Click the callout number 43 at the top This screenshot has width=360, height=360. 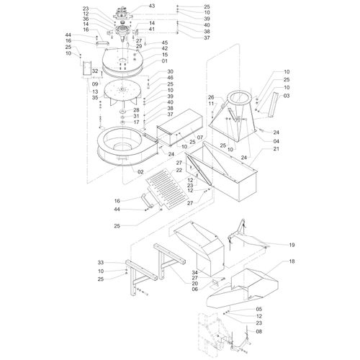(x=151, y=6)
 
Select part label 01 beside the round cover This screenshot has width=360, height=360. (x=164, y=62)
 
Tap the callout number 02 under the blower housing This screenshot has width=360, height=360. (x=141, y=172)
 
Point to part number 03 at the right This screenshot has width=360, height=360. (x=286, y=95)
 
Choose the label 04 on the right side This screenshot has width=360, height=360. (x=276, y=143)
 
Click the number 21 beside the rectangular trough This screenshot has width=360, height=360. (x=276, y=150)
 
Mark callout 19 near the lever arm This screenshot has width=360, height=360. (x=292, y=246)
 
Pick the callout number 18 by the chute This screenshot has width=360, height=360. (x=292, y=263)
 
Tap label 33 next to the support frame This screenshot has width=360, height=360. (x=102, y=263)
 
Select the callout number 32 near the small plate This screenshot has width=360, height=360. (x=94, y=70)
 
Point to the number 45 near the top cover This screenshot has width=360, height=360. (x=164, y=42)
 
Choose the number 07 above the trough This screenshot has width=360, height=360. (x=200, y=138)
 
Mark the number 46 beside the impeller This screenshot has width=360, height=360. (x=171, y=78)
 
